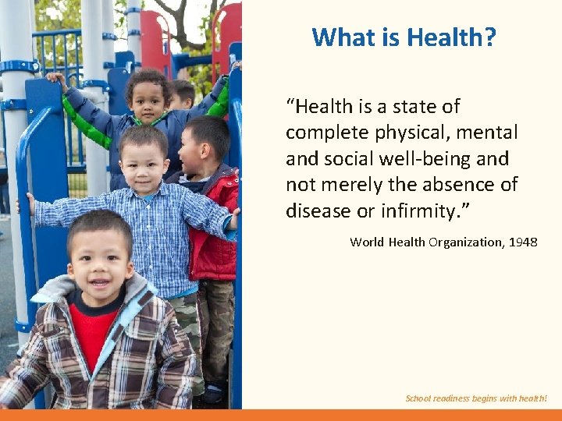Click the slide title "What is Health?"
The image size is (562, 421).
point(404,37)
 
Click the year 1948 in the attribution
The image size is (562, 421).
point(523,242)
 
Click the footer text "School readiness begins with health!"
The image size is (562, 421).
point(476,398)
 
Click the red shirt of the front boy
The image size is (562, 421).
point(94,331)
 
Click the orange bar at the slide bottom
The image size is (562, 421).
point(281,415)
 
